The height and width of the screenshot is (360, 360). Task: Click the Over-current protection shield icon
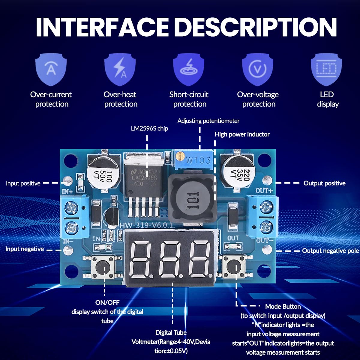click(51, 69)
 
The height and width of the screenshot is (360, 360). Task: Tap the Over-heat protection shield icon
click(120, 69)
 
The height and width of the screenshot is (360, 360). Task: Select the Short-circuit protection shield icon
click(189, 69)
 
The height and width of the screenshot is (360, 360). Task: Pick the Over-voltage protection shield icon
click(258, 69)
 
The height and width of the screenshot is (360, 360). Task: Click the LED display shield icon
click(327, 69)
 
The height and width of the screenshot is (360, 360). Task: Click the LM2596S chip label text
click(149, 128)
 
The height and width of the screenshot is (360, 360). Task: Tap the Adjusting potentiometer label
click(208, 121)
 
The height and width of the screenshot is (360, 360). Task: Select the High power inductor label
click(242, 134)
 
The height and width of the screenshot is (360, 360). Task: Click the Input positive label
click(23, 183)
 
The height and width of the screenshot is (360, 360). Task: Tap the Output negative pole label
click(330, 251)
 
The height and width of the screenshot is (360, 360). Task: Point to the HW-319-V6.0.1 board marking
click(147, 225)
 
